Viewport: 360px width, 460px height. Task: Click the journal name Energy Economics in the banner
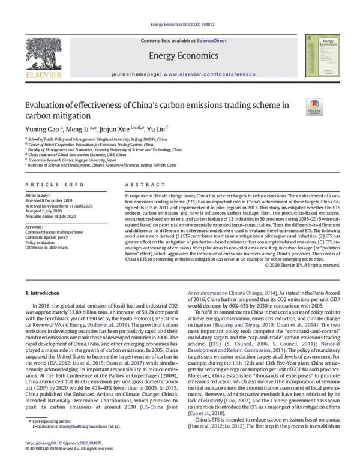179,56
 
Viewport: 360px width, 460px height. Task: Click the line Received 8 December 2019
52,201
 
